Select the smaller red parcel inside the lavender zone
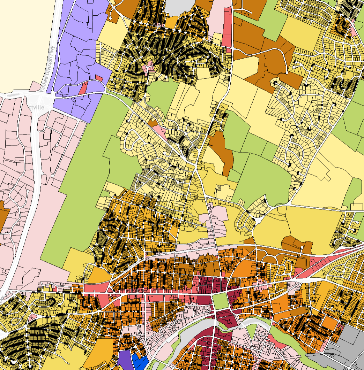point(99,78)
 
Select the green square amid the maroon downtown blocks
point(220,300)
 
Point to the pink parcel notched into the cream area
point(35,85)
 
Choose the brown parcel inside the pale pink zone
point(3,216)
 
